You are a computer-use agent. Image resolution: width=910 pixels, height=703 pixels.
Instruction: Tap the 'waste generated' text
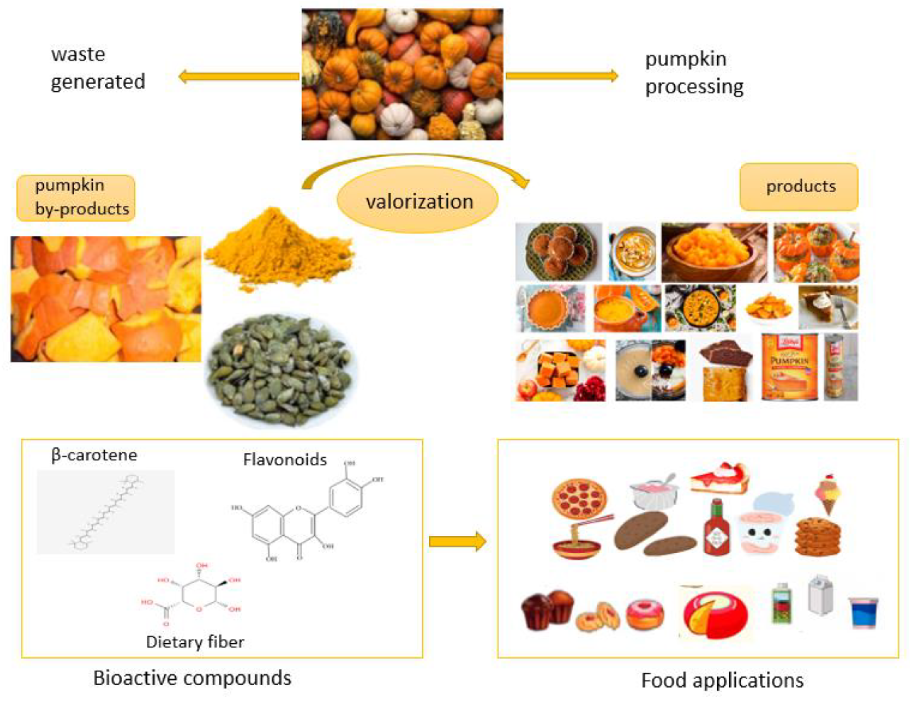click(x=98, y=68)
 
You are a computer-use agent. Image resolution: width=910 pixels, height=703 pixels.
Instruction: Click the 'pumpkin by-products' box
click(x=76, y=198)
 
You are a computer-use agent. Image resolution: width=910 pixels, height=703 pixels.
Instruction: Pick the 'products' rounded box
click(x=799, y=186)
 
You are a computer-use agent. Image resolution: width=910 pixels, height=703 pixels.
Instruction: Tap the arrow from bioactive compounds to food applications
click(x=457, y=541)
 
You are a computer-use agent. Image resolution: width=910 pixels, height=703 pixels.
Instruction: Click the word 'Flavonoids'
click(x=285, y=460)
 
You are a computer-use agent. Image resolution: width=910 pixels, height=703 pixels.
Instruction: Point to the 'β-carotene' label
click(x=94, y=455)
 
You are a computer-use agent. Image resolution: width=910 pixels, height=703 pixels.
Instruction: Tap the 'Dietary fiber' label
click(x=195, y=642)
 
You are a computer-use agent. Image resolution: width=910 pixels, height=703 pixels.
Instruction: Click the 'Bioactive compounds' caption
click(x=192, y=678)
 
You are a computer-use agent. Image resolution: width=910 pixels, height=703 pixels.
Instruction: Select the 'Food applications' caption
click(x=722, y=681)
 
